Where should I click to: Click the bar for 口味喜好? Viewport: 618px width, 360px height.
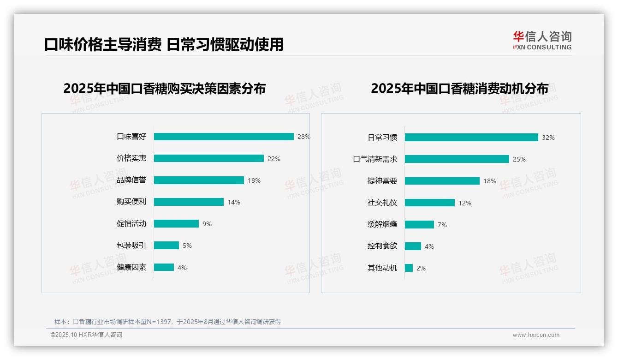[x=224, y=137]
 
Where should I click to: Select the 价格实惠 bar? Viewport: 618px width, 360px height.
[x=208, y=158]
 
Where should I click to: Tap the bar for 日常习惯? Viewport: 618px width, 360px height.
[x=471, y=137]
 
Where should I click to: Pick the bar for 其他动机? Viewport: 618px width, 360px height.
[x=409, y=268]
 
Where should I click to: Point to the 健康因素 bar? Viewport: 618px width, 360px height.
[x=164, y=267]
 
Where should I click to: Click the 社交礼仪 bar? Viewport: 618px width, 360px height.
[x=429, y=203]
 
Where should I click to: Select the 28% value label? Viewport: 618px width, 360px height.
[x=303, y=137]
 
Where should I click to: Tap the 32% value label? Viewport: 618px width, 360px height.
[x=548, y=138]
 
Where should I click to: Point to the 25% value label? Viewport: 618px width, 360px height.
[x=519, y=159]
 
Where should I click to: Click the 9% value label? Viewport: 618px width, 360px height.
[x=207, y=224]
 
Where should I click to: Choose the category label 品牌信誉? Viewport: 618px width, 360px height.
[x=131, y=180]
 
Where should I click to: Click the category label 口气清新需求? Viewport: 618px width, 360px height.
[x=375, y=159]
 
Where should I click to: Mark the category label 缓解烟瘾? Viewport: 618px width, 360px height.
[x=382, y=224]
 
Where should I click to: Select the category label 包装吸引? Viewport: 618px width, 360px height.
[x=131, y=246]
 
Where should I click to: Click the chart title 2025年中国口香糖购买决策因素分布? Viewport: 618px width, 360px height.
[x=164, y=88]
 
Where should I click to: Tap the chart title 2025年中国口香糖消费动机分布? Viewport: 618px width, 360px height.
[x=459, y=88]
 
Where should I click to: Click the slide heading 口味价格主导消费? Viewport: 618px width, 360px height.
[x=102, y=44]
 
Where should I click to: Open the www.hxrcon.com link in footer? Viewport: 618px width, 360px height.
[x=536, y=335]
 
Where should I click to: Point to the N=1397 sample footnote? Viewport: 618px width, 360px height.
[x=167, y=322]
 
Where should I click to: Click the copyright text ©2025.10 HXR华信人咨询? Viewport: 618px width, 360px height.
[x=86, y=335]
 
